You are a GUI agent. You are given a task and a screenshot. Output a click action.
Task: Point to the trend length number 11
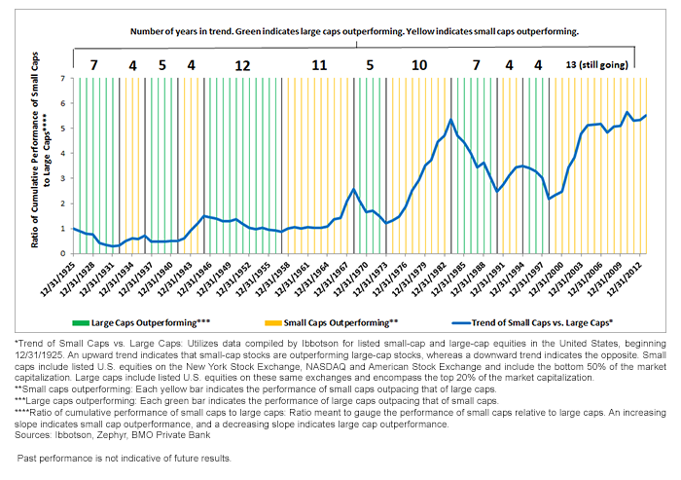(319, 65)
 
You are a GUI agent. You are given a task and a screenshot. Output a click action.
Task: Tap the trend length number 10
(418, 65)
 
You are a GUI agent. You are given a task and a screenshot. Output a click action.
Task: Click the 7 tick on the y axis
(63, 78)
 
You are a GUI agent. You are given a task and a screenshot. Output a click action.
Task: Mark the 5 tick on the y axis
(63, 128)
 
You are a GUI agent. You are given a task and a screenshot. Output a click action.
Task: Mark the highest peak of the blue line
(450, 120)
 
